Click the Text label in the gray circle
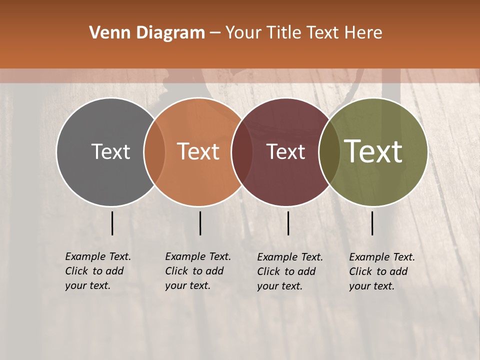pos(110,151)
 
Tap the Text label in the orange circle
pos(198,151)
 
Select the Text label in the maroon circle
pos(286,151)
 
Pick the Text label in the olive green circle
pos(373,151)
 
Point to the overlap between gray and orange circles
pos(154,151)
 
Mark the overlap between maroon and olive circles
pos(328,151)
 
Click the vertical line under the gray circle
pos(112,223)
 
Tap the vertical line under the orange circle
pos(200,223)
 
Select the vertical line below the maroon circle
pos(288,223)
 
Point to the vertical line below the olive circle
pos(372,223)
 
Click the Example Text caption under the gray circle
pos(98,271)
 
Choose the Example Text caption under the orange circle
pos(198,271)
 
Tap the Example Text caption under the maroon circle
pos(290,271)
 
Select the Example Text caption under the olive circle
pos(382,271)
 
